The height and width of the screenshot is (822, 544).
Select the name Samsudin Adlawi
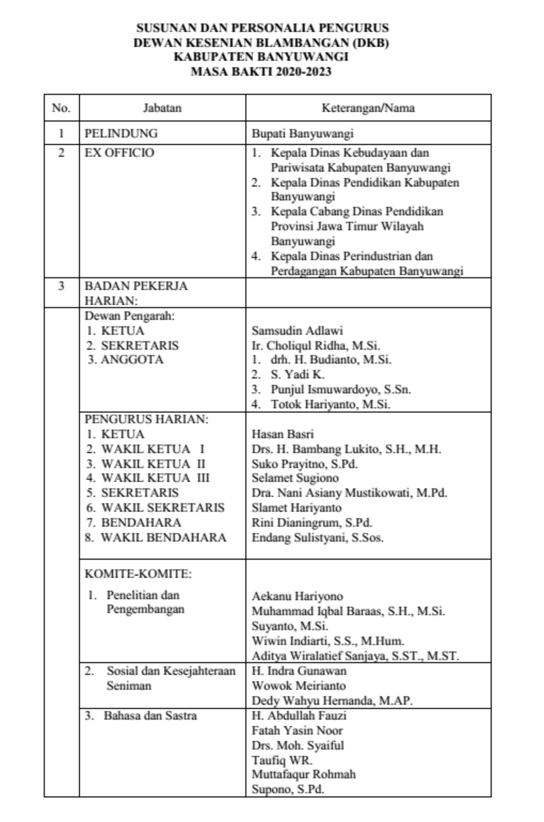pos(297,331)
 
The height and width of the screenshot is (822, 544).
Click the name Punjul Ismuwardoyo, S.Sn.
pos(341,389)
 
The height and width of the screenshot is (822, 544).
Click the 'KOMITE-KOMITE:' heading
pos(138,574)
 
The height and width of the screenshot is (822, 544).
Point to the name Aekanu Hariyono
pos(297,596)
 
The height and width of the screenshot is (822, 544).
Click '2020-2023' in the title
pos(304,72)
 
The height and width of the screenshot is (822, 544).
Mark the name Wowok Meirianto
pos(299,685)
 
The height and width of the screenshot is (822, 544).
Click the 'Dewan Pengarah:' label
pos(130,316)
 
